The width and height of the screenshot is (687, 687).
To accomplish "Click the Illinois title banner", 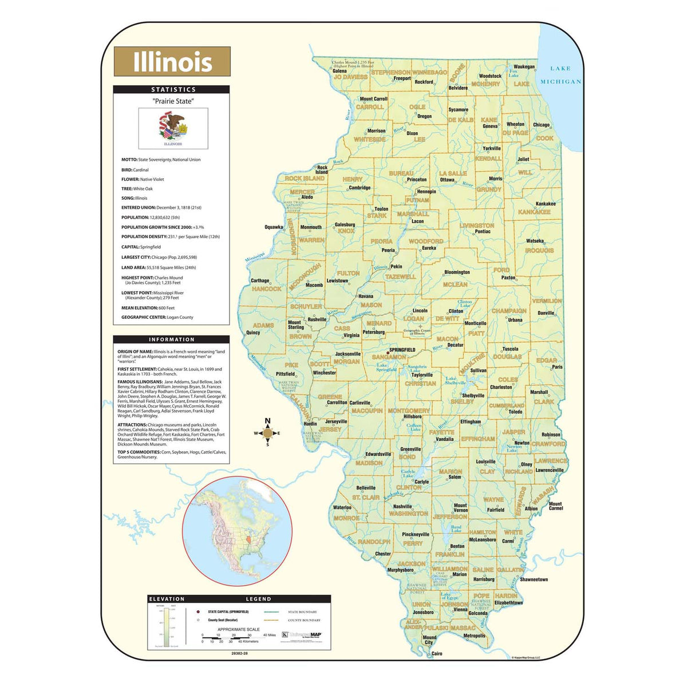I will coord(172,62).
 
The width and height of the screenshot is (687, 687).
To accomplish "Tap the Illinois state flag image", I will coord(173,128).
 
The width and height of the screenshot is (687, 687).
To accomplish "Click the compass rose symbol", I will coord(267,433).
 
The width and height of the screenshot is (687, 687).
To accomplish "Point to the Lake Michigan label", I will coord(560,75).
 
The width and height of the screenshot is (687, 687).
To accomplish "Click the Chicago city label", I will coord(541,125).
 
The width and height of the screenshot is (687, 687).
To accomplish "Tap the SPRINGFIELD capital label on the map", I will coord(402,350).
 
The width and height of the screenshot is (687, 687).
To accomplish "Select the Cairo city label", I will coord(437,653).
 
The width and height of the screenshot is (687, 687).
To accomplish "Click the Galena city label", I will coord(339,71).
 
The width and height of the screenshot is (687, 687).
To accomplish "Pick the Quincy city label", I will coord(253,333).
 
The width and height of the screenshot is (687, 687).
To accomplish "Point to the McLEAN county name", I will coord(455,285).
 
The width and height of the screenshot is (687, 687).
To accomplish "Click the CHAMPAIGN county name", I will coord(509,311).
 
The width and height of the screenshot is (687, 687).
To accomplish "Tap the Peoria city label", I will coord(388,250).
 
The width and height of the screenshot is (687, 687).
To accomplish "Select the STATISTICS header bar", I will coord(172,89).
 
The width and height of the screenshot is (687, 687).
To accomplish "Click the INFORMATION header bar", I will coord(172,339).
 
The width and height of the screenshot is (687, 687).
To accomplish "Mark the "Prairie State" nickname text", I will coord(173,101).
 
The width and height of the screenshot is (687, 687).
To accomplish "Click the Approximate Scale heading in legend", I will coord(238,629).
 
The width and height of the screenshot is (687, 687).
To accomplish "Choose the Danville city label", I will coord(546,313).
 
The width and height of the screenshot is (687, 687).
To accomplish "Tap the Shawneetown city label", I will coord(534,579).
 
